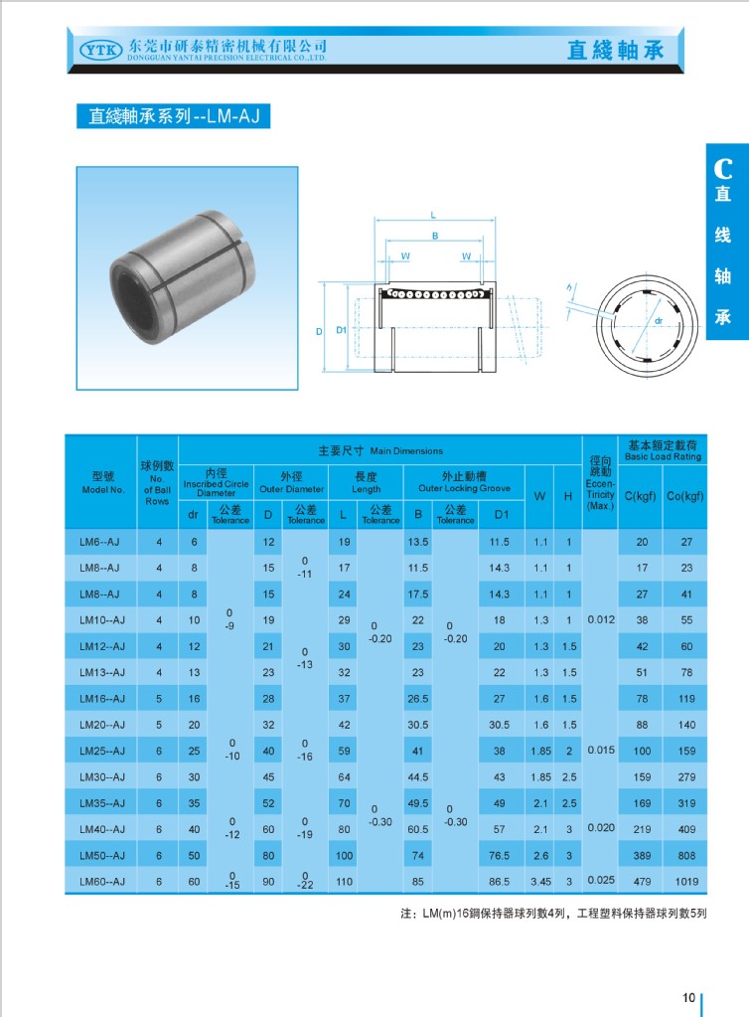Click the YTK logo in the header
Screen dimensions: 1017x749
(97, 48)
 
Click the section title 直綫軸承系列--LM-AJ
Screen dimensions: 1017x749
(174, 116)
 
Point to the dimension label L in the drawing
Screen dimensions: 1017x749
(433, 215)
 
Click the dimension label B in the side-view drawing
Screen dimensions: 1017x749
(434, 236)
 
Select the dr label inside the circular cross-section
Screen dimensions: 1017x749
(658, 321)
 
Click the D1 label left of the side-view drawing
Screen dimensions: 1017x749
(341, 330)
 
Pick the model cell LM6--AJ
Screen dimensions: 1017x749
(100, 542)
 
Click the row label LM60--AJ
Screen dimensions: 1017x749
(101, 881)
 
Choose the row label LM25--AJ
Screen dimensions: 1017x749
(101, 751)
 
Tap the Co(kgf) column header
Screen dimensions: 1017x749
(684, 495)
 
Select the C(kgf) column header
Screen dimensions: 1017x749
(641, 495)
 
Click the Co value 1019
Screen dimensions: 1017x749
(684, 881)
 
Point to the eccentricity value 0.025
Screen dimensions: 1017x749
(600, 880)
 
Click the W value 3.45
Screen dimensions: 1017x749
(540, 881)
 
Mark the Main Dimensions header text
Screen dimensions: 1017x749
(379, 451)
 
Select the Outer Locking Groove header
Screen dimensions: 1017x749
(464, 483)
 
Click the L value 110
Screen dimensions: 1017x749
(344, 881)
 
